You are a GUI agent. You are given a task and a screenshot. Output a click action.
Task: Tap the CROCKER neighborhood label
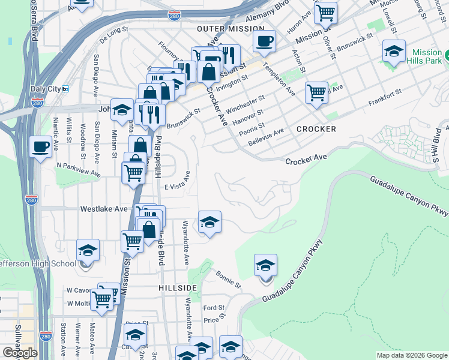316,129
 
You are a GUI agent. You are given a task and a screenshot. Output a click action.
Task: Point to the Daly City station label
46,89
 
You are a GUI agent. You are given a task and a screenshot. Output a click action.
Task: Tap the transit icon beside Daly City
65,89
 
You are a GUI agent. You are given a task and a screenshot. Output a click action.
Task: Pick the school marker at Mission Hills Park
394,52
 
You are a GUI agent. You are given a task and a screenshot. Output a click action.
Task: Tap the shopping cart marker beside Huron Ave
325,12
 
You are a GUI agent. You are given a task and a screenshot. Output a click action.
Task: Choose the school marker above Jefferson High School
88,250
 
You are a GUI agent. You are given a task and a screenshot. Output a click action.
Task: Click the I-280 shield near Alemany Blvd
175,14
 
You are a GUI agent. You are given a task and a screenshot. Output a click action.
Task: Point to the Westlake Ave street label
104,209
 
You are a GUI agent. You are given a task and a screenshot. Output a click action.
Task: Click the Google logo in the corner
19,352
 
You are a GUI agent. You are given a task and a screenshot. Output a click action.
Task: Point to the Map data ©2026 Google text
412,355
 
